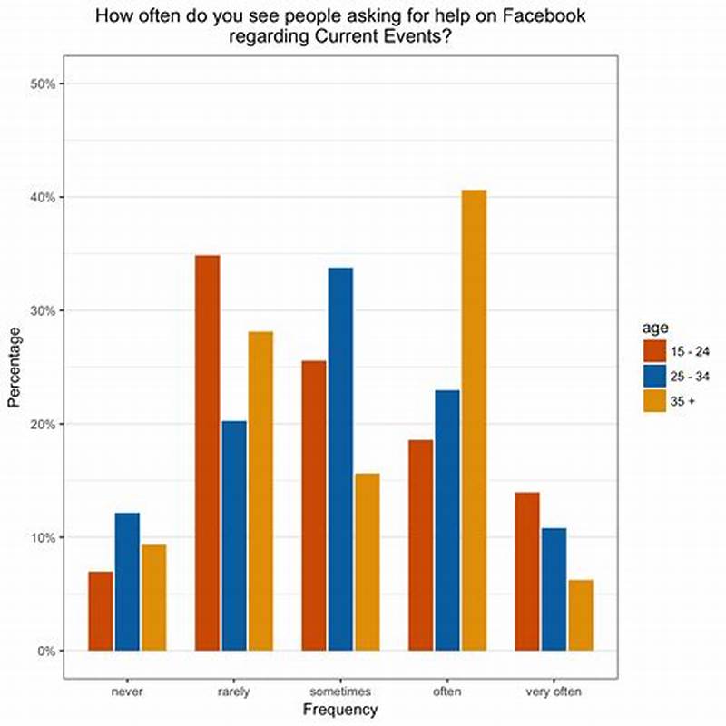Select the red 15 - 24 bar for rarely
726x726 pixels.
[207, 453]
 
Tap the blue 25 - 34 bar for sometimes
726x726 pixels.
[340, 459]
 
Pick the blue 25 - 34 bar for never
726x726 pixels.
[127, 582]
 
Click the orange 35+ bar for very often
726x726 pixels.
[580, 615]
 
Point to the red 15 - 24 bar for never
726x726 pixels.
[101, 611]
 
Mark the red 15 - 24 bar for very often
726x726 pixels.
[527, 572]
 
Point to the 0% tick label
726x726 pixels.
[47, 651]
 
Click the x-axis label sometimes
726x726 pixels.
[340, 692]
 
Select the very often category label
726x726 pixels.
[554, 692]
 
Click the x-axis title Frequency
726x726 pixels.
[340, 710]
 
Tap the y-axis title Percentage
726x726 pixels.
[14, 368]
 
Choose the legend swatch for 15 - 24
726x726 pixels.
[654, 351]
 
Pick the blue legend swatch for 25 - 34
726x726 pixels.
[654, 376]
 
